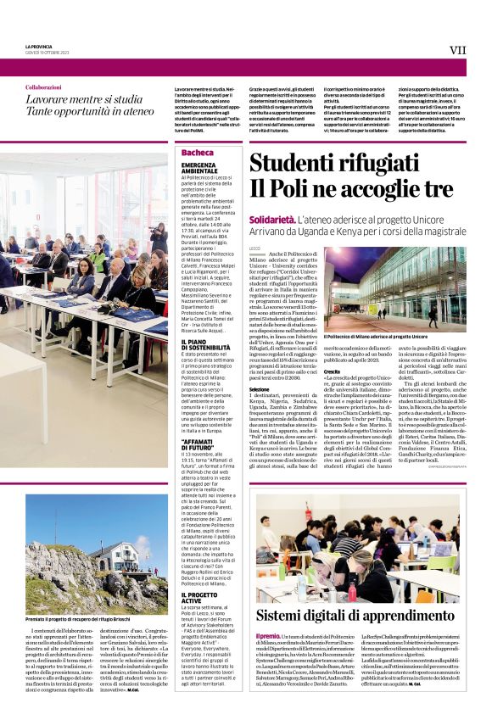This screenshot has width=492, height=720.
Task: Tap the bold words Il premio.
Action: (268, 636)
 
